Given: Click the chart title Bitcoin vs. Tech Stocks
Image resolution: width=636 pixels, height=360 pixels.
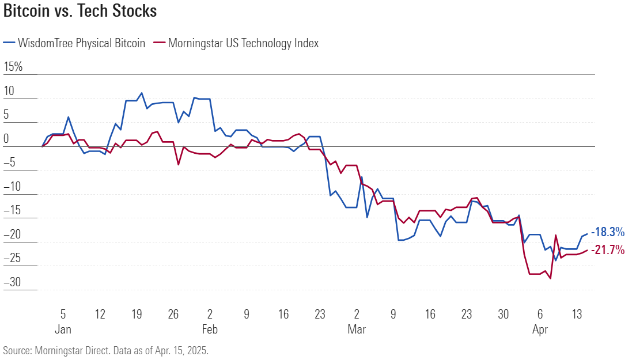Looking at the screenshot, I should click(x=80, y=11).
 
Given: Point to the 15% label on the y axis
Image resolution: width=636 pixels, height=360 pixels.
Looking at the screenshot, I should click(x=13, y=67).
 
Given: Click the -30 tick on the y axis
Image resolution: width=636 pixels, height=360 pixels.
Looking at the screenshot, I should click(x=12, y=282).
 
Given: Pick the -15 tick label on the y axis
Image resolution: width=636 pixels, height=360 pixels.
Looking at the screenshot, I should click(x=12, y=210).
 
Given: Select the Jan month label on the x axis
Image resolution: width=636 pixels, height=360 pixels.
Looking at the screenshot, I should click(x=63, y=329).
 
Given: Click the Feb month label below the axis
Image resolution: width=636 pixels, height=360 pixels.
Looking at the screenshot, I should click(x=210, y=329).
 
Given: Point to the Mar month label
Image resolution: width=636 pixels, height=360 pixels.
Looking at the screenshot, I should click(x=357, y=329).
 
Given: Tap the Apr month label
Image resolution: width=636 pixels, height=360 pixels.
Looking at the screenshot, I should click(x=540, y=329).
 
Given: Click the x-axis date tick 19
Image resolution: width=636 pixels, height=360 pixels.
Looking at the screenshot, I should click(x=137, y=314).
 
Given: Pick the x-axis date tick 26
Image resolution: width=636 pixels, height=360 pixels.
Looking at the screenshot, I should click(x=173, y=314).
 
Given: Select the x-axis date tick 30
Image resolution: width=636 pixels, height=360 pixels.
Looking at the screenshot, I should click(x=503, y=314).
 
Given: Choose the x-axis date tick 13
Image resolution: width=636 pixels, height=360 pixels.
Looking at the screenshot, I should click(x=577, y=314).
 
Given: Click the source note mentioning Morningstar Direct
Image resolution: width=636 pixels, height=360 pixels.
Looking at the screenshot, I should click(x=105, y=350).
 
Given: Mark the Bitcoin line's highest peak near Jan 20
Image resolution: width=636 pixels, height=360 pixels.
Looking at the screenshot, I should click(x=142, y=93).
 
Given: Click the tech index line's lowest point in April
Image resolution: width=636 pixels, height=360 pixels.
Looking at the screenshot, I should click(x=551, y=279).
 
